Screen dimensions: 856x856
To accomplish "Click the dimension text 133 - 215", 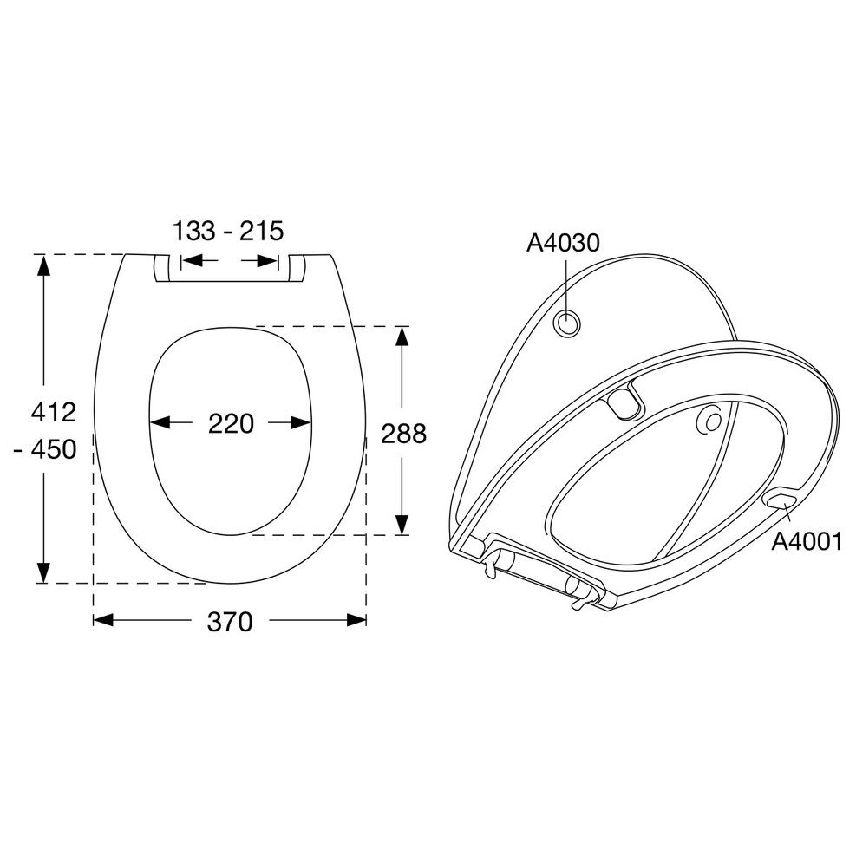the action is [x=228, y=231].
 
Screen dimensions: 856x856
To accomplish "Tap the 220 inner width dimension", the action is [x=231, y=423].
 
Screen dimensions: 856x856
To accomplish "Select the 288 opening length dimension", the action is [x=403, y=434].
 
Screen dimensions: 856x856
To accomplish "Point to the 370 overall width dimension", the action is [x=230, y=621].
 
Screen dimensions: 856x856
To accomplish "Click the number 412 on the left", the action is [x=54, y=412].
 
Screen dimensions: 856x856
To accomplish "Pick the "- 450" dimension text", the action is [x=46, y=449].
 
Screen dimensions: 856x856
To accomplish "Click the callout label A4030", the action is [x=563, y=243].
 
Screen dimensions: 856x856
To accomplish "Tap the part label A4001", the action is [x=807, y=542].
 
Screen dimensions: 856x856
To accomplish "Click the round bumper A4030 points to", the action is [x=568, y=323].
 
